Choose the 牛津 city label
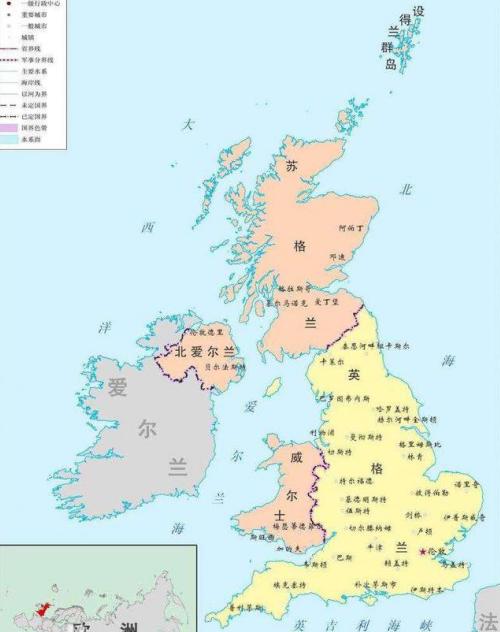[x=375, y=547]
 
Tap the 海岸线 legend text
[x=31, y=82]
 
